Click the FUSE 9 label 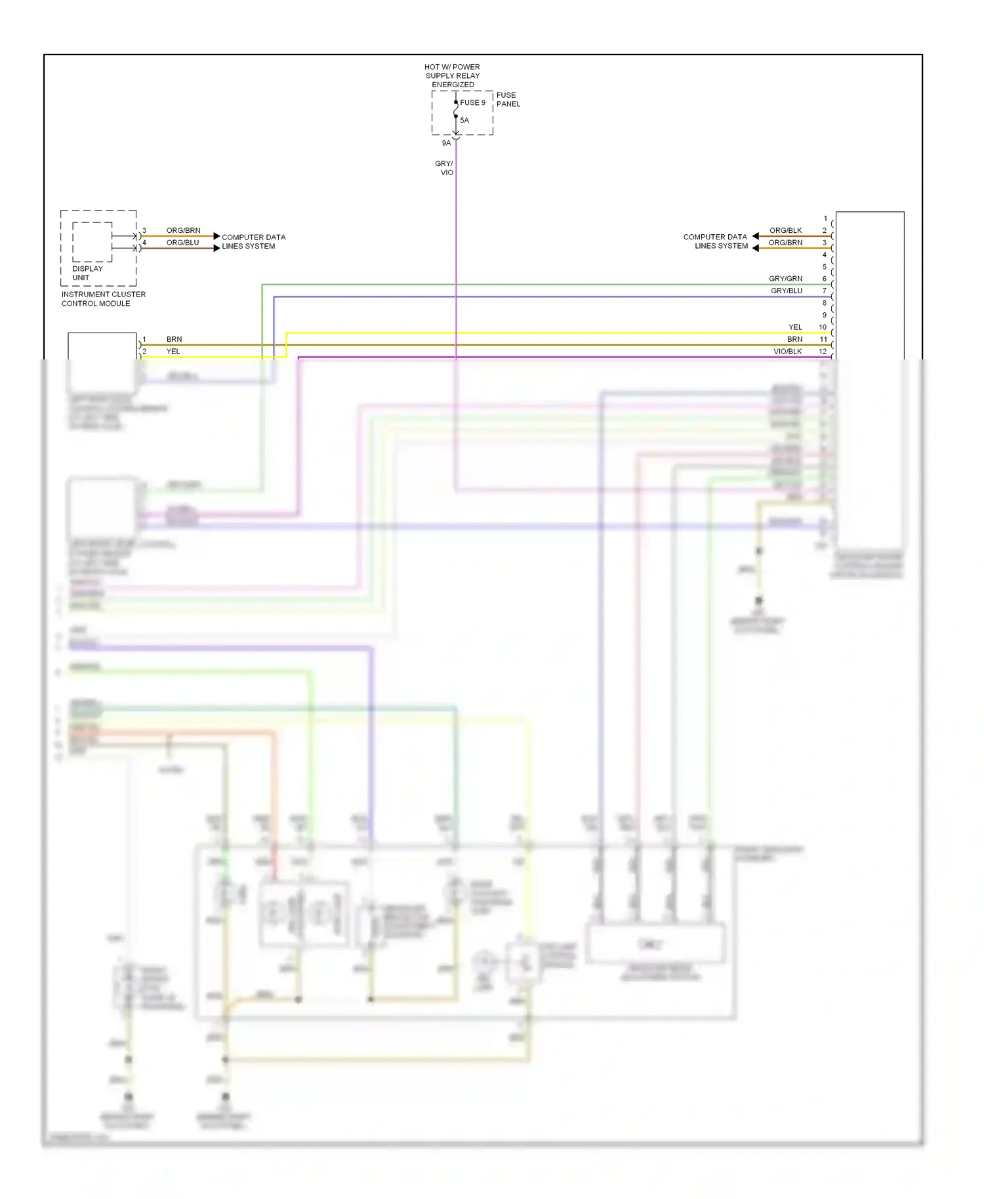coord(472,102)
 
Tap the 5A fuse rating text coord(464,120)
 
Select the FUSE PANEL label coord(508,100)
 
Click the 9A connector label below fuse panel coord(446,143)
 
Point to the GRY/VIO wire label coord(445,168)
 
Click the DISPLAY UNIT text coord(87,273)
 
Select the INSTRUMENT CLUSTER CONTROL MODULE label coord(103,299)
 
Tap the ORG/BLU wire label coord(182,243)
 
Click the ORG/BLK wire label coord(785,230)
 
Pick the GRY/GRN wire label coord(785,279)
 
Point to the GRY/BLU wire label coord(786,291)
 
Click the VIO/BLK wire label coord(787,352)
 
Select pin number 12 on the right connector coord(823,352)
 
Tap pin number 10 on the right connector coord(823,327)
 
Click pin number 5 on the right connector coord(825,267)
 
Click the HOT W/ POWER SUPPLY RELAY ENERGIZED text coord(452,75)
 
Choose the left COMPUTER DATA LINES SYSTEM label coord(253,241)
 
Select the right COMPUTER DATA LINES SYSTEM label coord(715,241)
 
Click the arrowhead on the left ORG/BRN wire coord(216,236)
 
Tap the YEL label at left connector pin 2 coord(173,352)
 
